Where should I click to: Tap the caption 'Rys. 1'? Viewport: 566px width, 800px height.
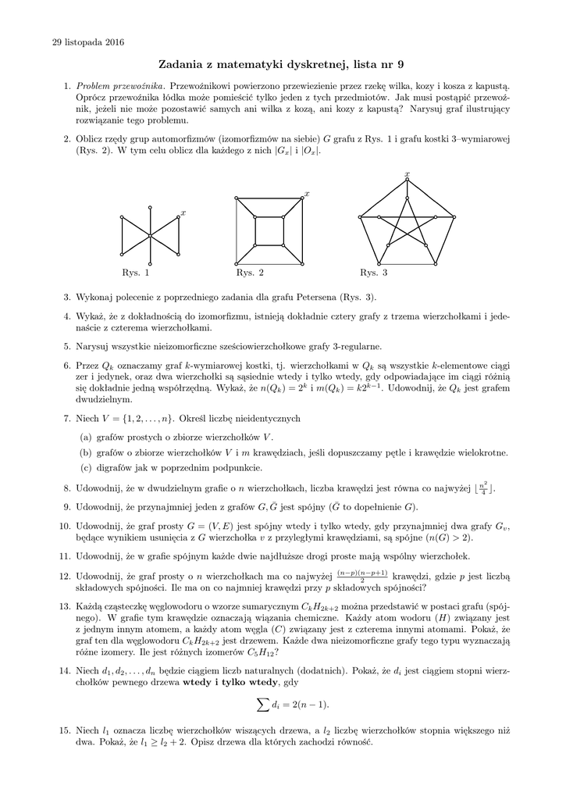click(x=135, y=273)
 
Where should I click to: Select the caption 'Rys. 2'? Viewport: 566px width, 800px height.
click(x=250, y=273)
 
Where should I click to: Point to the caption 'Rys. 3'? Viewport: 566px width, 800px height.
click(x=373, y=273)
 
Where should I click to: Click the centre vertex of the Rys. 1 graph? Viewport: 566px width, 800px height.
click(x=150, y=235)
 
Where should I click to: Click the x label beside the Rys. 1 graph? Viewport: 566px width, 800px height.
click(x=183, y=212)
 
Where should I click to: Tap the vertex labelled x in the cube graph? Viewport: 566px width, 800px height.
click(x=300, y=199)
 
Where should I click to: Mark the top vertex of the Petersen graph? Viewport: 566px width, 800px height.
click(x=407, y=182)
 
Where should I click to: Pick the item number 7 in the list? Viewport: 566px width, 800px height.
click(x=67, y=418)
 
